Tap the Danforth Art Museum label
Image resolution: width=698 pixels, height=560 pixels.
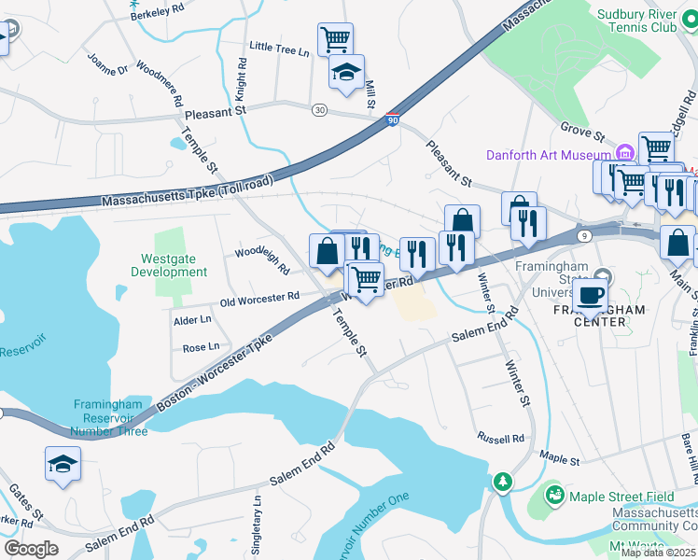pos(548,154)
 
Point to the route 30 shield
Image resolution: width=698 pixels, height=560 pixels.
pos(319,110)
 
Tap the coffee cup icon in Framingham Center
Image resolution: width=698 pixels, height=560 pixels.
pos(589,294)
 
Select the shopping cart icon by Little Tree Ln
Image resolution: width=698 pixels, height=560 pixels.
pos(335,39)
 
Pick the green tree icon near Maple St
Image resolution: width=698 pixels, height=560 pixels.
pos(504,481)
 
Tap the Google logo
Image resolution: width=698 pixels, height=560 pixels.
pos(31,549)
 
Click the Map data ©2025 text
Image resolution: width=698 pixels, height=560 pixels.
pos(658,553)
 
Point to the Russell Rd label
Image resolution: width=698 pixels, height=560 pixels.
pos(500,438)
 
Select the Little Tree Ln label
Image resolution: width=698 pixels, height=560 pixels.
pos(279,49)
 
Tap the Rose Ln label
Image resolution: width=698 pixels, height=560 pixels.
pos(201,347)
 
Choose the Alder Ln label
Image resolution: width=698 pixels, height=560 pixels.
pos(192,320)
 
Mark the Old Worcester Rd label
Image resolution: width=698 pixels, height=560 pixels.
pos(259,298)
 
